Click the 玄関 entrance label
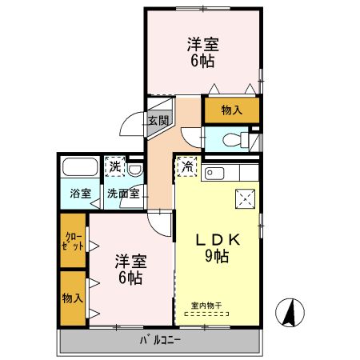pyautogui.click(x=158, y=121)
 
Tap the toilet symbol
pyautogui.click(x=234, y=140)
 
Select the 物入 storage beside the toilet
pyautogui.click(x=232, y=109)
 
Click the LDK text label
pyautogui.click(x=214, y=241)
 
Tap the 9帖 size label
pyautogui.click(x=214, y=258)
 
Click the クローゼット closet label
pyautogui.click(x=72, y=241)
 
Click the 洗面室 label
pyautogui.click(x=124, y=193)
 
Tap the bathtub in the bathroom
pyautogui.click(x=79, y=169)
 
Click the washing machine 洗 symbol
pyautogui.click(x=117, y=167)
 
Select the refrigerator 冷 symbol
pyautogui.click(x=186, y=167)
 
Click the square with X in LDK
pyautogui.click(x=244, y=199)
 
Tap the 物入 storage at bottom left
pyautogui.click(x=72, y=298)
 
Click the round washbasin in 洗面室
pyautogui.click(x=136, y=169)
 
